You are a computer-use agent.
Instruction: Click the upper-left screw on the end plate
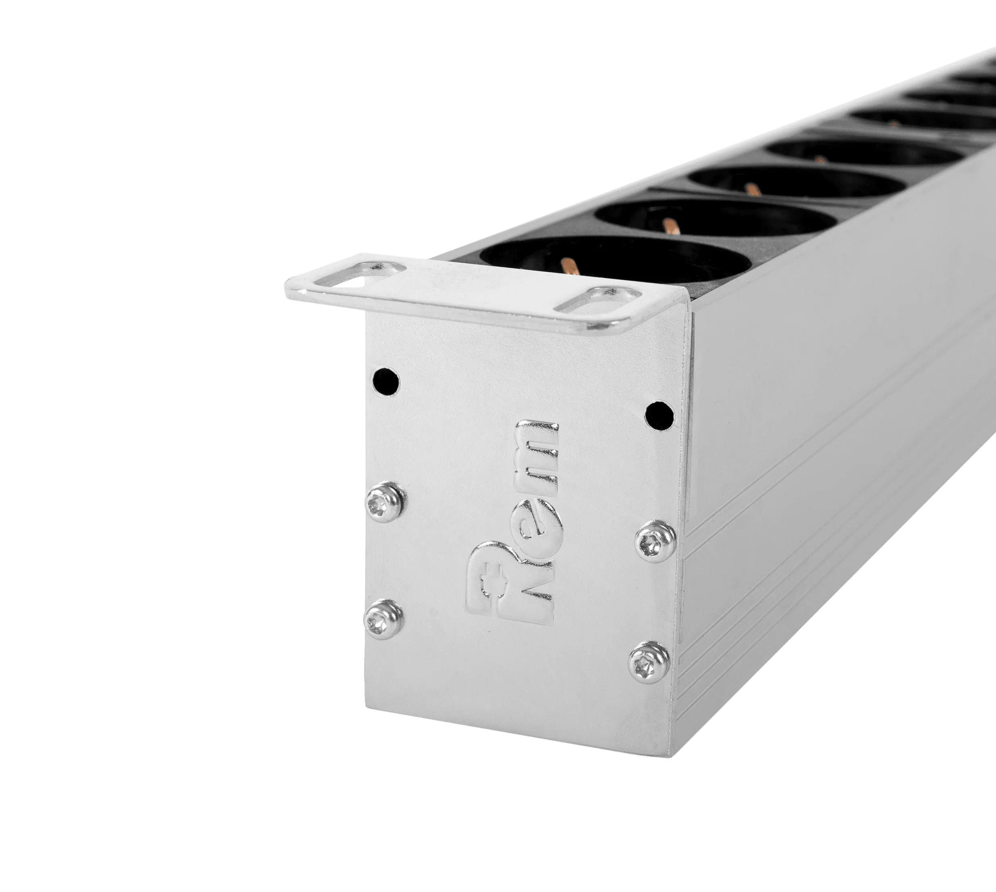click(x=384, y=501)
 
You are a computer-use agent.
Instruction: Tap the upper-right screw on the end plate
click(x=652, y=541)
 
